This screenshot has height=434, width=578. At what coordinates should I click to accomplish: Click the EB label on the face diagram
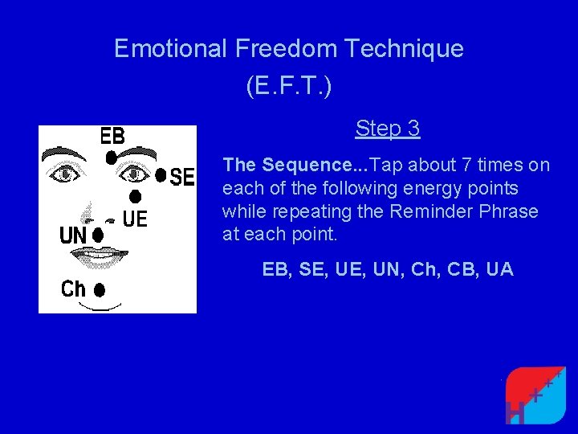coord(112,136)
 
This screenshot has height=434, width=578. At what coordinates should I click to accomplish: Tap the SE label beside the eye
coord(182,177)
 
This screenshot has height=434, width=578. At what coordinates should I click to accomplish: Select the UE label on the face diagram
coord(135,218)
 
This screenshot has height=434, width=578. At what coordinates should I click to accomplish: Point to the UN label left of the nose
coord(73,236)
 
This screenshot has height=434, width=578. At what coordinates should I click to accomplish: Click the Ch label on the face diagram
coord(73,289)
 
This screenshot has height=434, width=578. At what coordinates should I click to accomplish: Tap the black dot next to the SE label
coord(161,174)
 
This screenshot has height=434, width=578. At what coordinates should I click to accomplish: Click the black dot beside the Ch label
coord(100,289)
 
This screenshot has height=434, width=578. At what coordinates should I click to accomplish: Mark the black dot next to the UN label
coord(98,235)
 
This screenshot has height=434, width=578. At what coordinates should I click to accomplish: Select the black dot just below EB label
coord(111,158)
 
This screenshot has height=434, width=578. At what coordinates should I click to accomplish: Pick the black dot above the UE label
coord(136,196)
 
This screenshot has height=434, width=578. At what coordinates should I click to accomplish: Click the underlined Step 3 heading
coord(388,129)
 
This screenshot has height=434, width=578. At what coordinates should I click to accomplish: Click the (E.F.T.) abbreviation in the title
coord(288,87)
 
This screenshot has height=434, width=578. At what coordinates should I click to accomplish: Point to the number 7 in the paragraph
coord(466,166)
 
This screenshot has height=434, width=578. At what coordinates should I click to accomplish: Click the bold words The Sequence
coord(292,166)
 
